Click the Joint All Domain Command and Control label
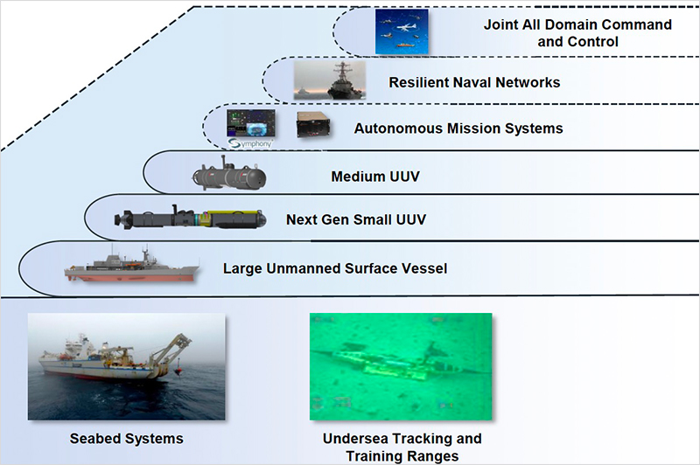coord(577,32)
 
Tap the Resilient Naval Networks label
coord(474,82)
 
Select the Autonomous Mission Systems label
coord(458,128)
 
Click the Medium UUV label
coord(375,177)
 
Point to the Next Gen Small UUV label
coord(356,219)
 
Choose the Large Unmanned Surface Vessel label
coord(335,268)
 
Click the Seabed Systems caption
coord(126,439)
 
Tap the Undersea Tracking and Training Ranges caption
coord(402,448)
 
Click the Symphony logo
coord(250,143)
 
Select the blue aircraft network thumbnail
coord(402,31)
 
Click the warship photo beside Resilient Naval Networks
coord(330,80)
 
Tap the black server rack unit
coord(314,124)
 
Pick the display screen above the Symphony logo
coord(250,123)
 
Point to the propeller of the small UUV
coord(120,219)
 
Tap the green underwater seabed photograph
coord(401,366)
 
